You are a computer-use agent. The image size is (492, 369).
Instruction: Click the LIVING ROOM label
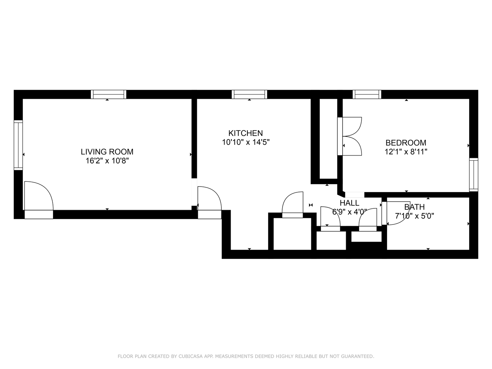coord(107,152)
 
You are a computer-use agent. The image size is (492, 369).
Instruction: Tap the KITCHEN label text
coord(245,133)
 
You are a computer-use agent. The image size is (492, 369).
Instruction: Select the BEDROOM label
coord(406,143)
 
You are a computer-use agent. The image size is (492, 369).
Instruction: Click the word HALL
coord(350,203)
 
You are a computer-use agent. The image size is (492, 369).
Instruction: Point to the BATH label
coord(414,207)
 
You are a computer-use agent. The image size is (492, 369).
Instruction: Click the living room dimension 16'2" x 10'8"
coord(107,161)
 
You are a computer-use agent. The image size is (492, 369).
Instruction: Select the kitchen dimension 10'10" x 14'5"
coord(246,142)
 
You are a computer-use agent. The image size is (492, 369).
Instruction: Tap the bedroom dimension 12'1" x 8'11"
coord(406,152)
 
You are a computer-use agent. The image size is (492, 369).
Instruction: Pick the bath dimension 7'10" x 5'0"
coord(414,216)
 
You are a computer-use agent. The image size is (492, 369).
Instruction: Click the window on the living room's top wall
coord(109,94)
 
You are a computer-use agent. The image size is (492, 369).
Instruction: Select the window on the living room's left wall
coord(18,145)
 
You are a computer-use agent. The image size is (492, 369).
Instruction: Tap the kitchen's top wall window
coord(249,94)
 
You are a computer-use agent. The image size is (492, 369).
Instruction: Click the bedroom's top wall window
coord(367,94)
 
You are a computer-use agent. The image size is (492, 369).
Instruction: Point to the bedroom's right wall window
coord(474,175)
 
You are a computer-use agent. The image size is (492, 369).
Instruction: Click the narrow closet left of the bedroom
coord(328,139)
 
